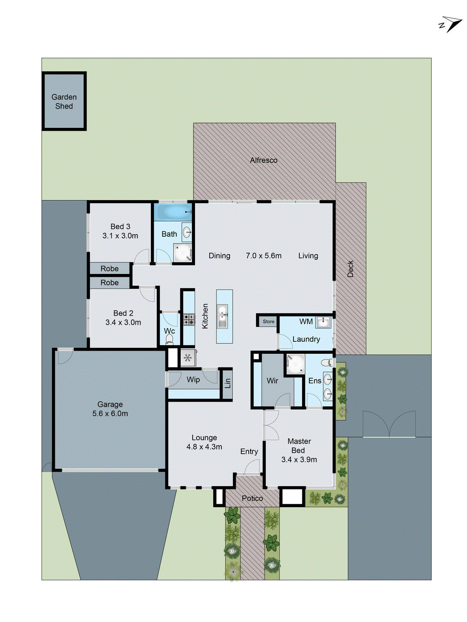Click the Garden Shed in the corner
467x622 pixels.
(64, 101)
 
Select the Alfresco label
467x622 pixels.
(263, 160)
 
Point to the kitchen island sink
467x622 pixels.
(222, 316)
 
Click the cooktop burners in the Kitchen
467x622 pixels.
(189, 320)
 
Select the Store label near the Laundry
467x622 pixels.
(268, 321)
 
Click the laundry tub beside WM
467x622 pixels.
(323, 322)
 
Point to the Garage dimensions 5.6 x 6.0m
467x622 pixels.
(110, 414)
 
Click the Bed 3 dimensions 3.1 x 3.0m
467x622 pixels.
(120, 236)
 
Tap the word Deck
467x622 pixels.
(350, 269)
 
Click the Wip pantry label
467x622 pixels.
(193, 379)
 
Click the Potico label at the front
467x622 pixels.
(252, 498)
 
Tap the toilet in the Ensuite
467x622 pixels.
(326, 363)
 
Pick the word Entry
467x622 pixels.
(249, 451)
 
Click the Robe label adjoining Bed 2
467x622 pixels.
(109, 283)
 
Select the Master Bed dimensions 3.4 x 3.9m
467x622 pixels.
(299, 460)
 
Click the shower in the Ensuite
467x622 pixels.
(295, 364)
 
